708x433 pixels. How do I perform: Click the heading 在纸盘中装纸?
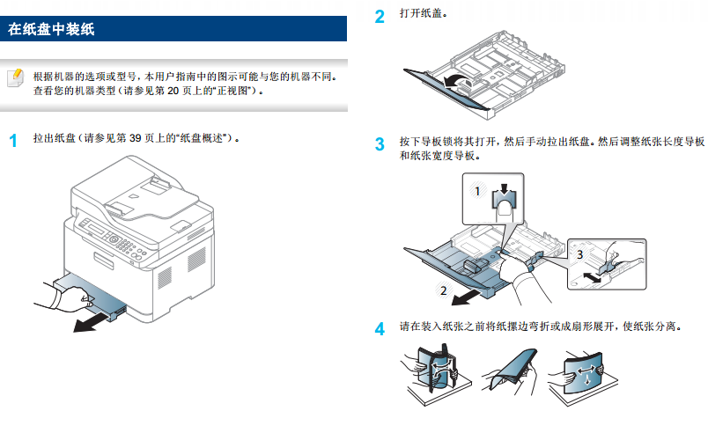[x=51, y=30]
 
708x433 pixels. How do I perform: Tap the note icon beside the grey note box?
[x=15, y=78]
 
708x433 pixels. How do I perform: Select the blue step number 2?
[x=380, y=17]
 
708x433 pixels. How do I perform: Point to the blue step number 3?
[x=380, y=143]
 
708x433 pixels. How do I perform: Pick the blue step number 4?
[x=380, y=330]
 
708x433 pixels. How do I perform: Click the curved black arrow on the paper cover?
[x=454, y=83]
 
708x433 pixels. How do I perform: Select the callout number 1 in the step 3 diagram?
[x=476, y=190]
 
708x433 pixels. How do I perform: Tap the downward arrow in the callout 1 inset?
[x=503, y=191]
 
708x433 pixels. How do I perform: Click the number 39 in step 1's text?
[x=135, y=139]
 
